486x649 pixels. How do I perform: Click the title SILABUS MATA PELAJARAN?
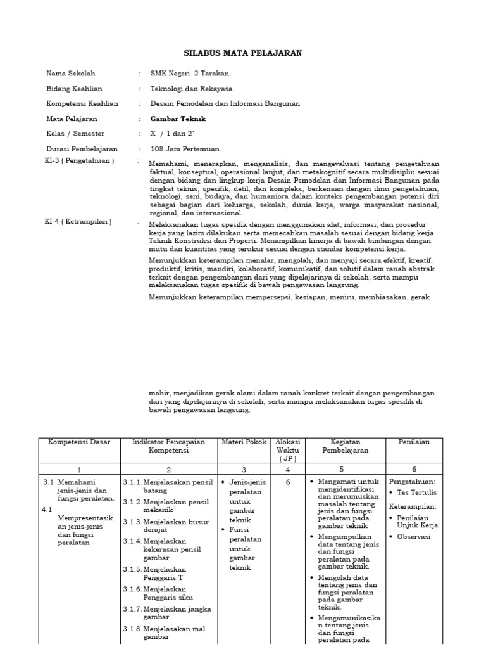tap(243, 53)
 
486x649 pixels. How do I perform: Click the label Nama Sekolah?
tap(71, 74)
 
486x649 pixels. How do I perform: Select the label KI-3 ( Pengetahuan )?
tap(80, 161)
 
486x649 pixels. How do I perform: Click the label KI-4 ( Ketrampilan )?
tap(79, 221)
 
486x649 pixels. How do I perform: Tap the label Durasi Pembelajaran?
tap(82, 149)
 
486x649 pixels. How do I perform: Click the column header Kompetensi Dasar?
tap(79, 442)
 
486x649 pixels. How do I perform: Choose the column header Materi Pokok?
tap(244, 442)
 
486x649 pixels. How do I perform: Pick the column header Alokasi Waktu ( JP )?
tap(288, 449)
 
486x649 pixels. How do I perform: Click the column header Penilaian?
tap(414, 442)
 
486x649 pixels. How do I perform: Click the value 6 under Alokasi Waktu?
tap(288, 482)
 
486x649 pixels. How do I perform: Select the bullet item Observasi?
tap(414, 536)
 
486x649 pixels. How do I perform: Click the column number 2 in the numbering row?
tap(168, 470)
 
